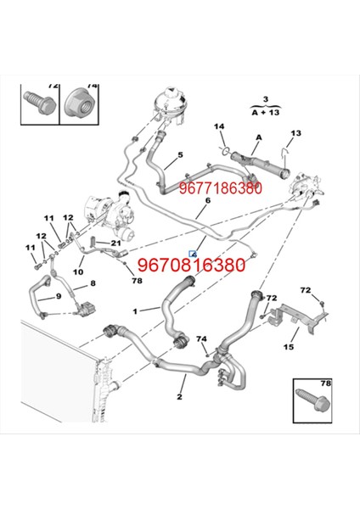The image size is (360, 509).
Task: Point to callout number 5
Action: click(180, 155)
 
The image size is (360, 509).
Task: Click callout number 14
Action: click(219, 127)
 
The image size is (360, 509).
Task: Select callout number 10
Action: click(76, 272)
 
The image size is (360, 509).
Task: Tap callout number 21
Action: click(116, 243)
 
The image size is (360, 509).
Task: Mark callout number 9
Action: click(58, 296)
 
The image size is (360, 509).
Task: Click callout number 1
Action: click(133, 311)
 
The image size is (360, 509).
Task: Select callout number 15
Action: click(289, 346)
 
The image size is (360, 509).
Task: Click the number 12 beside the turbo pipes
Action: click(40, 236)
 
